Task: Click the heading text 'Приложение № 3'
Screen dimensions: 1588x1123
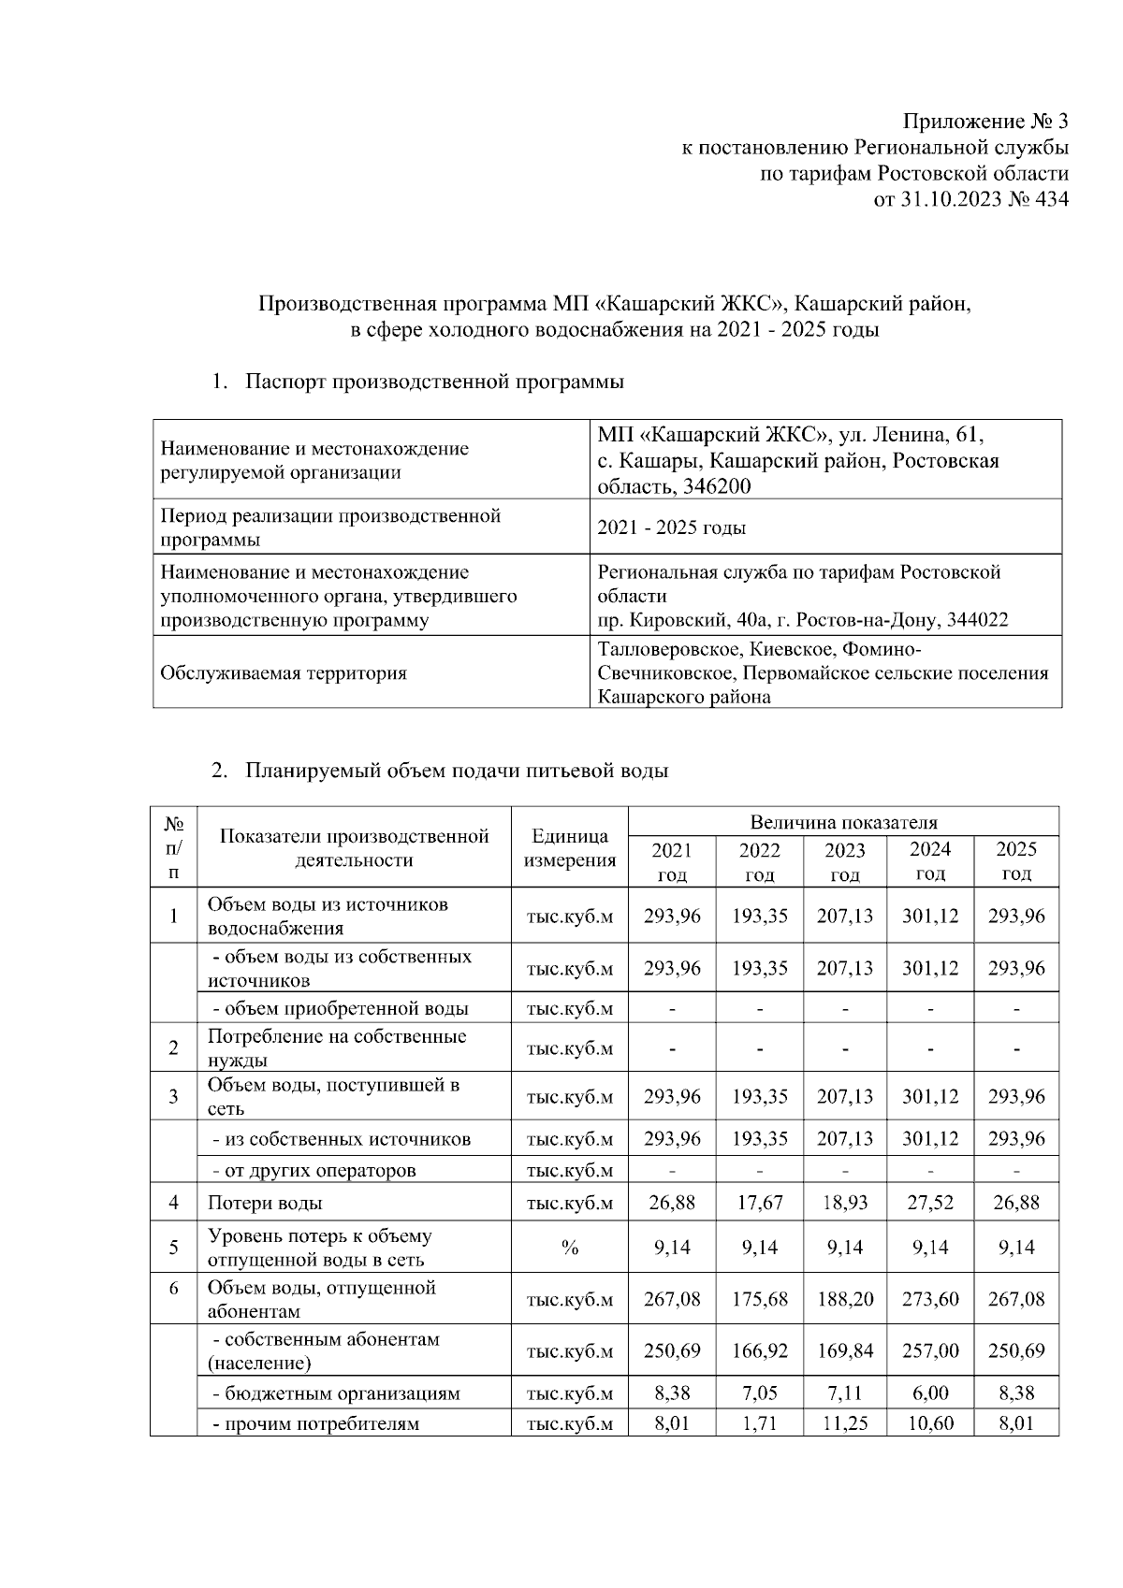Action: coord(984,122)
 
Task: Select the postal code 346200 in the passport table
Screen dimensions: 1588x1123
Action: coord(718,486)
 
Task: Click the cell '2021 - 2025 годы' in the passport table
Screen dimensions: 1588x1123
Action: coord(671,527)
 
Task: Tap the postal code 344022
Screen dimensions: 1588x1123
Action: coord(978,620)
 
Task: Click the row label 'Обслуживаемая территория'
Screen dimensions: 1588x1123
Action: coord(284,672)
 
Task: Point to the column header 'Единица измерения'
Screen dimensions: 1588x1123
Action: coord(569,848)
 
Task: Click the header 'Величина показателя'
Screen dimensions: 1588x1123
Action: coord(843,822)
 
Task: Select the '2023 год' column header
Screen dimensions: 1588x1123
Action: coord(844,862)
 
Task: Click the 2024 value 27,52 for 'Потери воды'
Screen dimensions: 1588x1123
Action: coord(930,1203)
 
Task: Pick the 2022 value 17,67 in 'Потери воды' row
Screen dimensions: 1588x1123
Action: coord(759,1203)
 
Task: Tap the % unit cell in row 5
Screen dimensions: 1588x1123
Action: coord(569,1249)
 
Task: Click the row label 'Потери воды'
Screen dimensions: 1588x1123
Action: coord(265,1203)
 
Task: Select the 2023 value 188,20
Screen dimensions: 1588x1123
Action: coord(844,1299)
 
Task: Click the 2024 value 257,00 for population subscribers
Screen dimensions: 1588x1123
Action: coord(930,1351)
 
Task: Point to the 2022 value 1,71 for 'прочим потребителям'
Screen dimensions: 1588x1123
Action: coord(759,1424)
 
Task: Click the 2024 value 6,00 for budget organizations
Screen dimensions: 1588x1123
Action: coord(930,1393)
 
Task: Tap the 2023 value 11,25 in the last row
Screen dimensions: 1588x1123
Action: coord(844,1424)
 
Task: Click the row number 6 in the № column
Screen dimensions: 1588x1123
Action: coord(173,1289)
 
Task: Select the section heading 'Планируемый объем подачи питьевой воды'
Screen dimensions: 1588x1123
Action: coord(457,772)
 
